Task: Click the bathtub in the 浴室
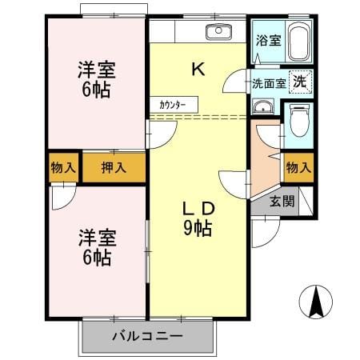(299, 42)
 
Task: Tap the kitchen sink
(218, 32)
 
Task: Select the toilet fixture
(299, 120)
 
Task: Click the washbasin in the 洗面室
(263, 106)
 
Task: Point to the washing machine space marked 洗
(301, 82)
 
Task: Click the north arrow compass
(316, 302)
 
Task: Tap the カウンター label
(173, 105)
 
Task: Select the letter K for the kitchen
(198, 69)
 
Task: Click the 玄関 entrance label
(282, 201)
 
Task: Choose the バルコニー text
(147, 336)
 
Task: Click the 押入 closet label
(114, 167)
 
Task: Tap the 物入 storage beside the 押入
(63, 168)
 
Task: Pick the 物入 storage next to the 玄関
(298, 168)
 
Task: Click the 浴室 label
(269, 40)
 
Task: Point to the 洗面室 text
(269, 84)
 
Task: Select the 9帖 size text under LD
(198, 229)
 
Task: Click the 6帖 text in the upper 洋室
(96, 90)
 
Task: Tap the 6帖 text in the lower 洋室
(97, 258)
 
